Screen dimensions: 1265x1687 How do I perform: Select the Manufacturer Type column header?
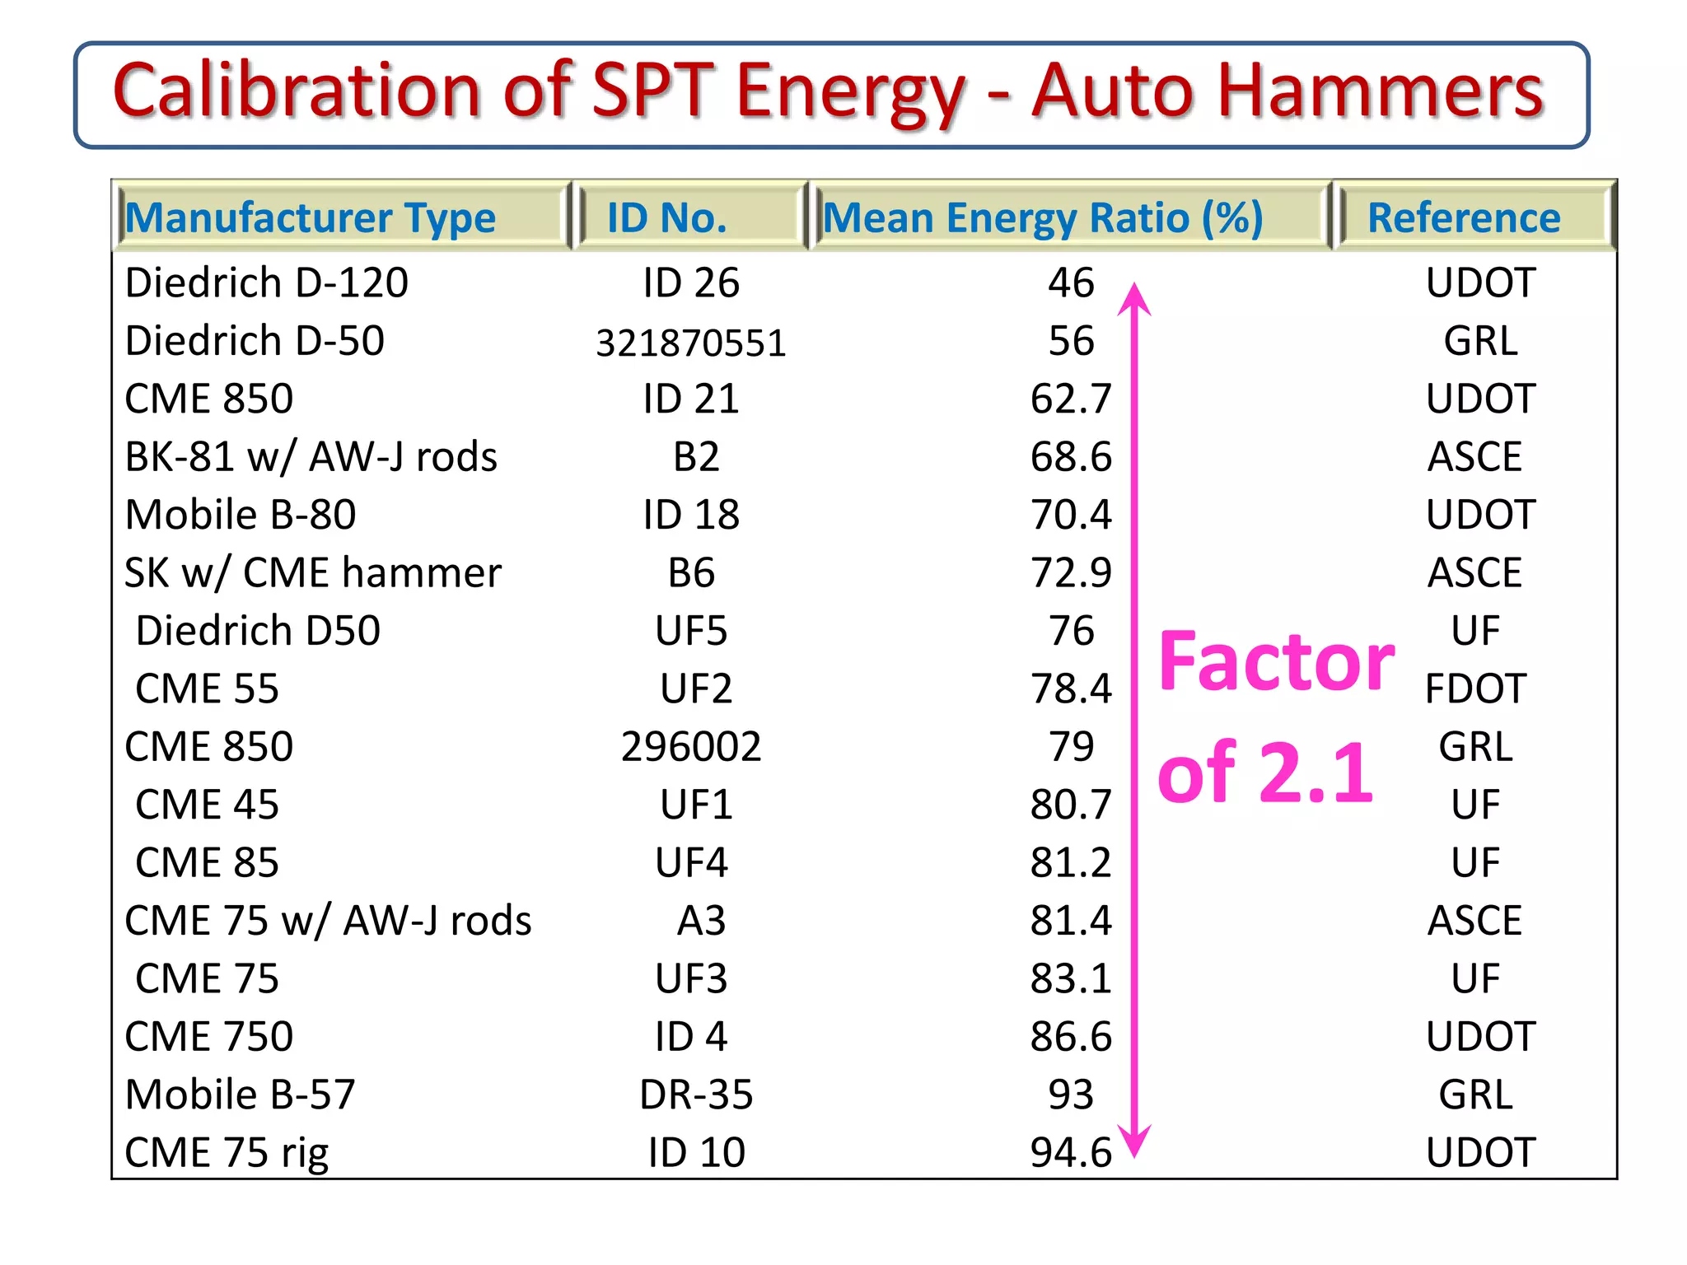coord(310,218)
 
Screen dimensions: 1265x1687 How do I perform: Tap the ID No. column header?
coord(667,218)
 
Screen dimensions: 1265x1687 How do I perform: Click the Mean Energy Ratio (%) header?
coord(1043,218)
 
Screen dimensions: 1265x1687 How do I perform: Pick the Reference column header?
coord(1464,218)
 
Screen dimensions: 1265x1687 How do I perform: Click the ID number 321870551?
coord(691,343)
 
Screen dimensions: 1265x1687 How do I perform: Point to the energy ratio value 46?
coord(1071,283)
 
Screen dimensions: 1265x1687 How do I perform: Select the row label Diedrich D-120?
coord(266,283)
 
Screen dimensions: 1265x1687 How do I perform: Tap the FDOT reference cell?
coord(1475,689)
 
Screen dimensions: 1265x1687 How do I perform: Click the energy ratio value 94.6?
coord(1071,1152)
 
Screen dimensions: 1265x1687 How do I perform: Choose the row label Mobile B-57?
coord(240,1095)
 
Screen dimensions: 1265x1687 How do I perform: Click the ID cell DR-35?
coord(696,1095)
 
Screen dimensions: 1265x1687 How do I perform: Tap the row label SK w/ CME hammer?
coord(312,573)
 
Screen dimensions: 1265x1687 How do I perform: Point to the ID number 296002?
coord(691,747)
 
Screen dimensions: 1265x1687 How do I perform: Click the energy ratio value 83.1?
coord(1071,978)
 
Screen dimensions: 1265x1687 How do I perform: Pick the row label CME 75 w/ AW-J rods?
coord(328,921)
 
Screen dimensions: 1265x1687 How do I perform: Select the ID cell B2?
coord(696,457)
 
